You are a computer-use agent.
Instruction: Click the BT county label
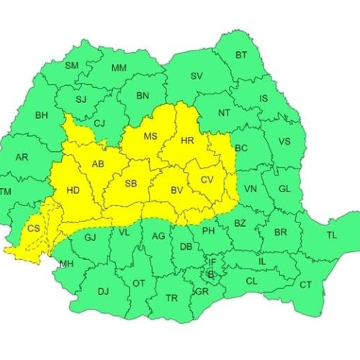[x=241, y=55]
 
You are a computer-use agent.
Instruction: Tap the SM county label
[x=72, y=66]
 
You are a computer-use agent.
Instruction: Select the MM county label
[x=119, y=69]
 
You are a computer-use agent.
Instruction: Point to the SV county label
[x=197, y=76]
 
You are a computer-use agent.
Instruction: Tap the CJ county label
[x=99, y=123]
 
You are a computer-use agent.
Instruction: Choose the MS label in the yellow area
[x=150, y=137]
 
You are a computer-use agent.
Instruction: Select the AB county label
[x=98, y=164]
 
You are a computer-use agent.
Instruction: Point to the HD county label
[x=73, y=191]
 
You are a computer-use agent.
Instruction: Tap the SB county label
[x=130, y=184]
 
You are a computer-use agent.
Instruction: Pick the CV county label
[x=207, y=179]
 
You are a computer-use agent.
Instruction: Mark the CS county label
[x=33, y=228]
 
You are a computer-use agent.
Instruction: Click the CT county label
[x=306, y=285]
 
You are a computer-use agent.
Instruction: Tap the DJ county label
[x=103, y=291]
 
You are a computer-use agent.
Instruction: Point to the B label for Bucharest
[x=210, y=274]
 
